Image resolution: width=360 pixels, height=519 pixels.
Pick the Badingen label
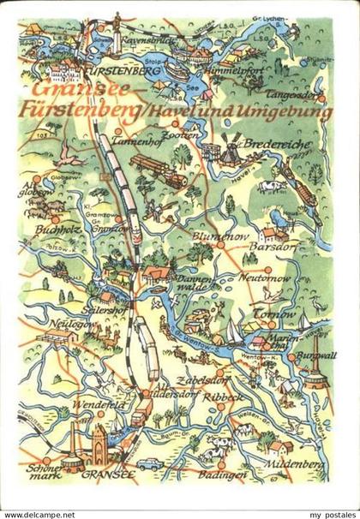(220, 474)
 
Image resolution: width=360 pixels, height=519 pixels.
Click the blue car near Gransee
(151, 463)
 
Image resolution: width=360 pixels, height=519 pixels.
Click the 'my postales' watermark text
(325, 512)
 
